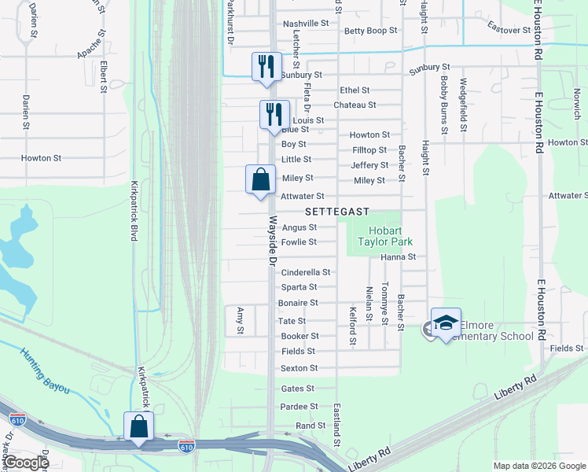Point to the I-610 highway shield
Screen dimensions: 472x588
coord(186,445)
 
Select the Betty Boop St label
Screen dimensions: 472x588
coord(371,31)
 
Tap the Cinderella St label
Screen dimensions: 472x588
coord(305,272)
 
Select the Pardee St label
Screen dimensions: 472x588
coord(299,407)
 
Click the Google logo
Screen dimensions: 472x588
coord(25,463)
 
